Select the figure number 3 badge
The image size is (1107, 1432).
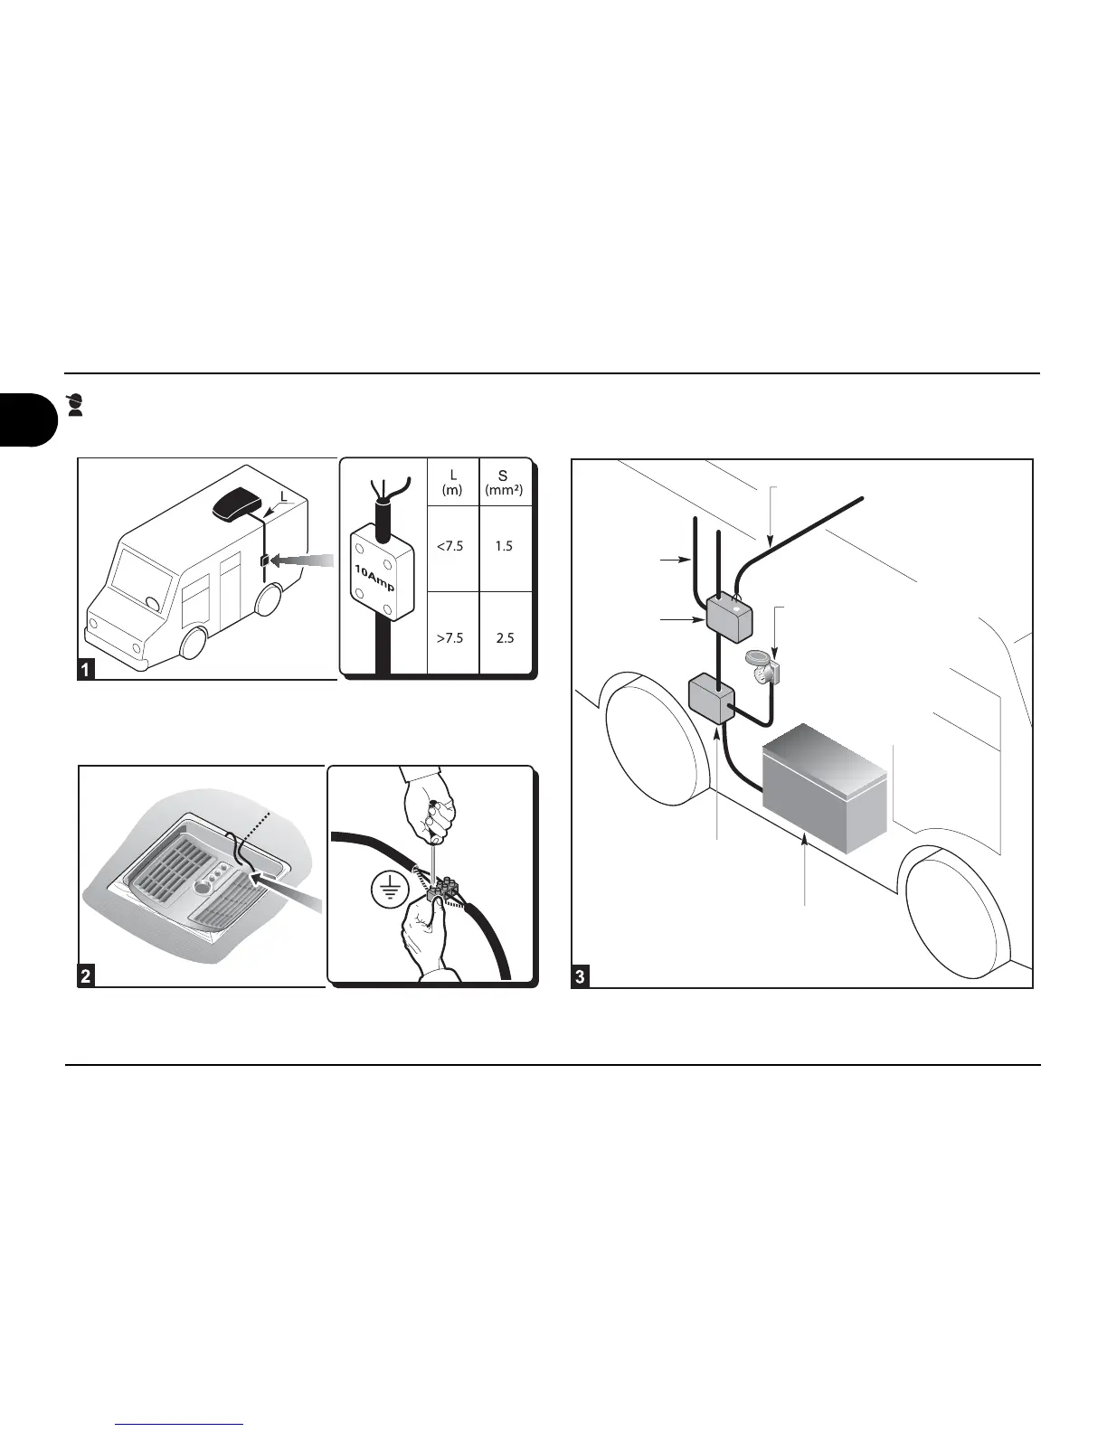[580, 976]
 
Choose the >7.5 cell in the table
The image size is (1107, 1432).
[452, 637]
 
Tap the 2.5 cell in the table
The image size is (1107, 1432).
[505, 637]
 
